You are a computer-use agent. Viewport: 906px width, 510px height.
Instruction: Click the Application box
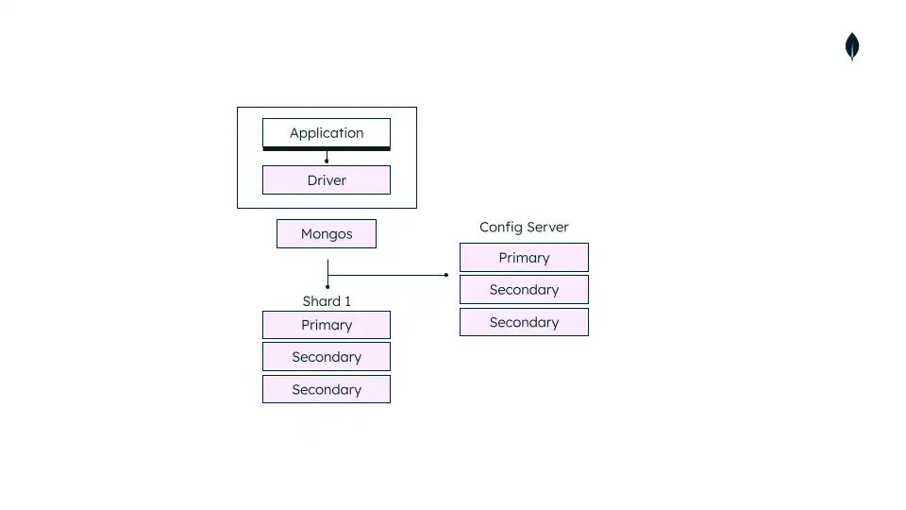click(x=326, y=133)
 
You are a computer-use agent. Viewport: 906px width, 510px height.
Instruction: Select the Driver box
click(x=326, y=180)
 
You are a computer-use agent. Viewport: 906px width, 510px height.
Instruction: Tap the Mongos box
click(x=326, y=234)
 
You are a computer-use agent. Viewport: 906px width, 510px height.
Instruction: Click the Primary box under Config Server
click(x=524, y=258)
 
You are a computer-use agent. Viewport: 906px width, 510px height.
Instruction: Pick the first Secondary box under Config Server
click(x=524, y=290)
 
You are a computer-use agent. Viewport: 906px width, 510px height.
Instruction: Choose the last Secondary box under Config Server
click(x=524, y=322)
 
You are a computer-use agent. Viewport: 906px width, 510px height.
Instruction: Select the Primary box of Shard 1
click(x=326, y=325)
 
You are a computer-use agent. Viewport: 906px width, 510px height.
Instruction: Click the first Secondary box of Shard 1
click(x=326, y=357)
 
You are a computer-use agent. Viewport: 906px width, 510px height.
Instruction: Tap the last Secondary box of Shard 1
click(x=326, y=389)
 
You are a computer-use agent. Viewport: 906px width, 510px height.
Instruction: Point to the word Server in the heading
click(x=548, y=228)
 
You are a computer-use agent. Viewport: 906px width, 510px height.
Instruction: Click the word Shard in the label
click(x=321, y=301)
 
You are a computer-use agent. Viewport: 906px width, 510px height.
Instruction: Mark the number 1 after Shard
click(x=347, y=301)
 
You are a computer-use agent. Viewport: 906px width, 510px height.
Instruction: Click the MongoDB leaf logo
click(x=852, y=46)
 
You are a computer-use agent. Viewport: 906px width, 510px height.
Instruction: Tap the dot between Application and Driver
click(x=327, y=161)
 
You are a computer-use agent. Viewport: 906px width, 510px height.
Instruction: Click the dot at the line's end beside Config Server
click(x=446, y=275)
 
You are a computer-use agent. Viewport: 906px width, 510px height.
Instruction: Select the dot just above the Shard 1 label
click(x=327, y=286)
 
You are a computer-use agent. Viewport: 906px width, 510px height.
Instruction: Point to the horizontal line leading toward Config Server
click(x=387, y=275)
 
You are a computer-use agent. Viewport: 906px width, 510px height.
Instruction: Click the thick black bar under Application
click(x=326, y=148)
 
